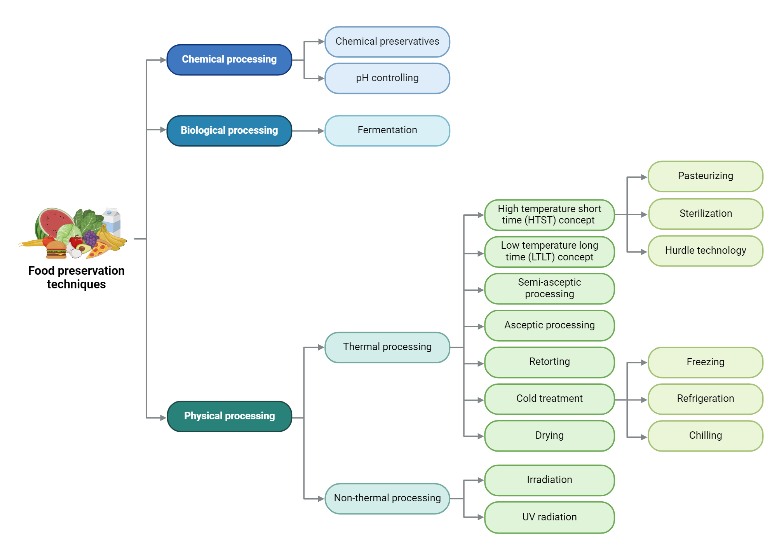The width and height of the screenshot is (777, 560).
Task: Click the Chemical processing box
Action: (x=229, y=60)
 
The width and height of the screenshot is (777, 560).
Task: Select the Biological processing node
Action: (x=229, y=131)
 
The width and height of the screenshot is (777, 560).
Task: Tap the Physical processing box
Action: (x=229, y=416)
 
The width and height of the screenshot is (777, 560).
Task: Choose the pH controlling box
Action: (x=387, y=79)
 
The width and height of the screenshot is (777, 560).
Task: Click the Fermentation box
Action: (x=387, y=131)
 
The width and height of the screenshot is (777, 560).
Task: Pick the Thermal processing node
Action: (x=387, y=347)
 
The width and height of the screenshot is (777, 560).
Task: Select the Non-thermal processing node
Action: (x=387, y=498)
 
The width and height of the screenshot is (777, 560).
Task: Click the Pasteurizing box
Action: (x=705, y=176)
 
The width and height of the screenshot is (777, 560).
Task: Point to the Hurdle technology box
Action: (x=705, y=251)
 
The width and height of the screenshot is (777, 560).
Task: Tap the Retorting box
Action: (x=549, y=362)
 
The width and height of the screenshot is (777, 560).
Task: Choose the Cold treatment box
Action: (x=549, y=399)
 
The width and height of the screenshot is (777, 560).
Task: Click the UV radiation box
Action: (x=549, y=517)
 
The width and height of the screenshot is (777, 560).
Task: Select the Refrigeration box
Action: (x=705, y=399)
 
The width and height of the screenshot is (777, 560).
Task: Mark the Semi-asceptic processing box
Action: (x=549, y=288)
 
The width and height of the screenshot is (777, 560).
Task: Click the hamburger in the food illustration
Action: (x=56, y=249)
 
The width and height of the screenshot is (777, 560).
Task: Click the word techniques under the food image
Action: (x=76, y=284)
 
